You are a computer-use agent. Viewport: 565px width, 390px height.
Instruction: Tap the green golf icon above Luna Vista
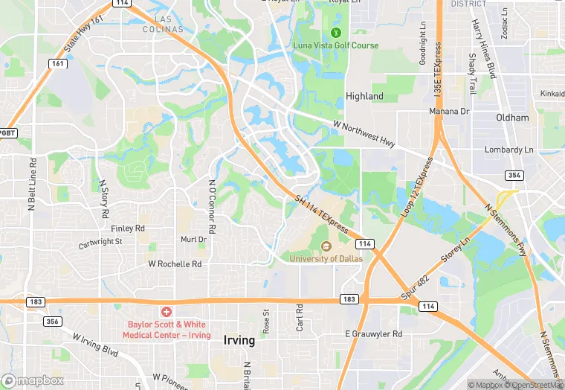coord(335,33)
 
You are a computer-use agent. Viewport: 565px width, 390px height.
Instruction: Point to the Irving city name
coord(239,340)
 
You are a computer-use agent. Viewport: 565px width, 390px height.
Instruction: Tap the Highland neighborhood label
coord(365,96)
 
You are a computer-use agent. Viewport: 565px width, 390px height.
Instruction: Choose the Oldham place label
coord(512,118)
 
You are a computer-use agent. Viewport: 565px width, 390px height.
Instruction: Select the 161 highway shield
coord(58,64)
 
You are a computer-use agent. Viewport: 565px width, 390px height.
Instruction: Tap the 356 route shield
coord(52,322)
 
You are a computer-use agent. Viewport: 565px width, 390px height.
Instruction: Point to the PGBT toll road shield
coord(7,132)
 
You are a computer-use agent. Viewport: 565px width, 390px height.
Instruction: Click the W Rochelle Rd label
coord(175,263)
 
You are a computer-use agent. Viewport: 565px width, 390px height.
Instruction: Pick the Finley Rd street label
coord(127,228)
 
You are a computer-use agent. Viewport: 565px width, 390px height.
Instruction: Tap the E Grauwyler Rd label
coord(373,334)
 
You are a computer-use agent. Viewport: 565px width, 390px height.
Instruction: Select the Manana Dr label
coord(450,111)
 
